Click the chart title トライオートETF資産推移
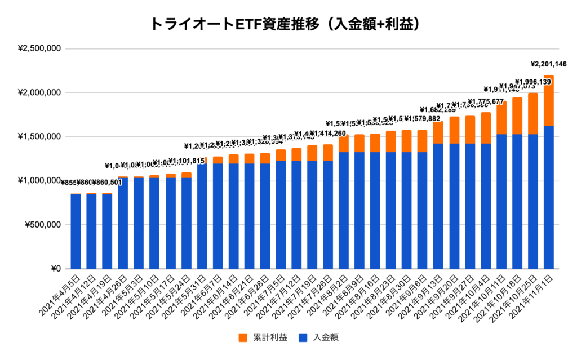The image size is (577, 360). tap(288, 24)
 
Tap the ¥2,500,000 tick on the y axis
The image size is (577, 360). tap(39, 48)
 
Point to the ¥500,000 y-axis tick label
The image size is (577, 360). tap(43, 225)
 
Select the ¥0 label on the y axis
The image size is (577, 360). tap(55, 269)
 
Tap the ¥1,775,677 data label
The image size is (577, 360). tap(485, 101)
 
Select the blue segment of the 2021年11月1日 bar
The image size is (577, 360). tap(548, 197)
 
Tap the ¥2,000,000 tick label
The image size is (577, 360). tap(39, 92)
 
